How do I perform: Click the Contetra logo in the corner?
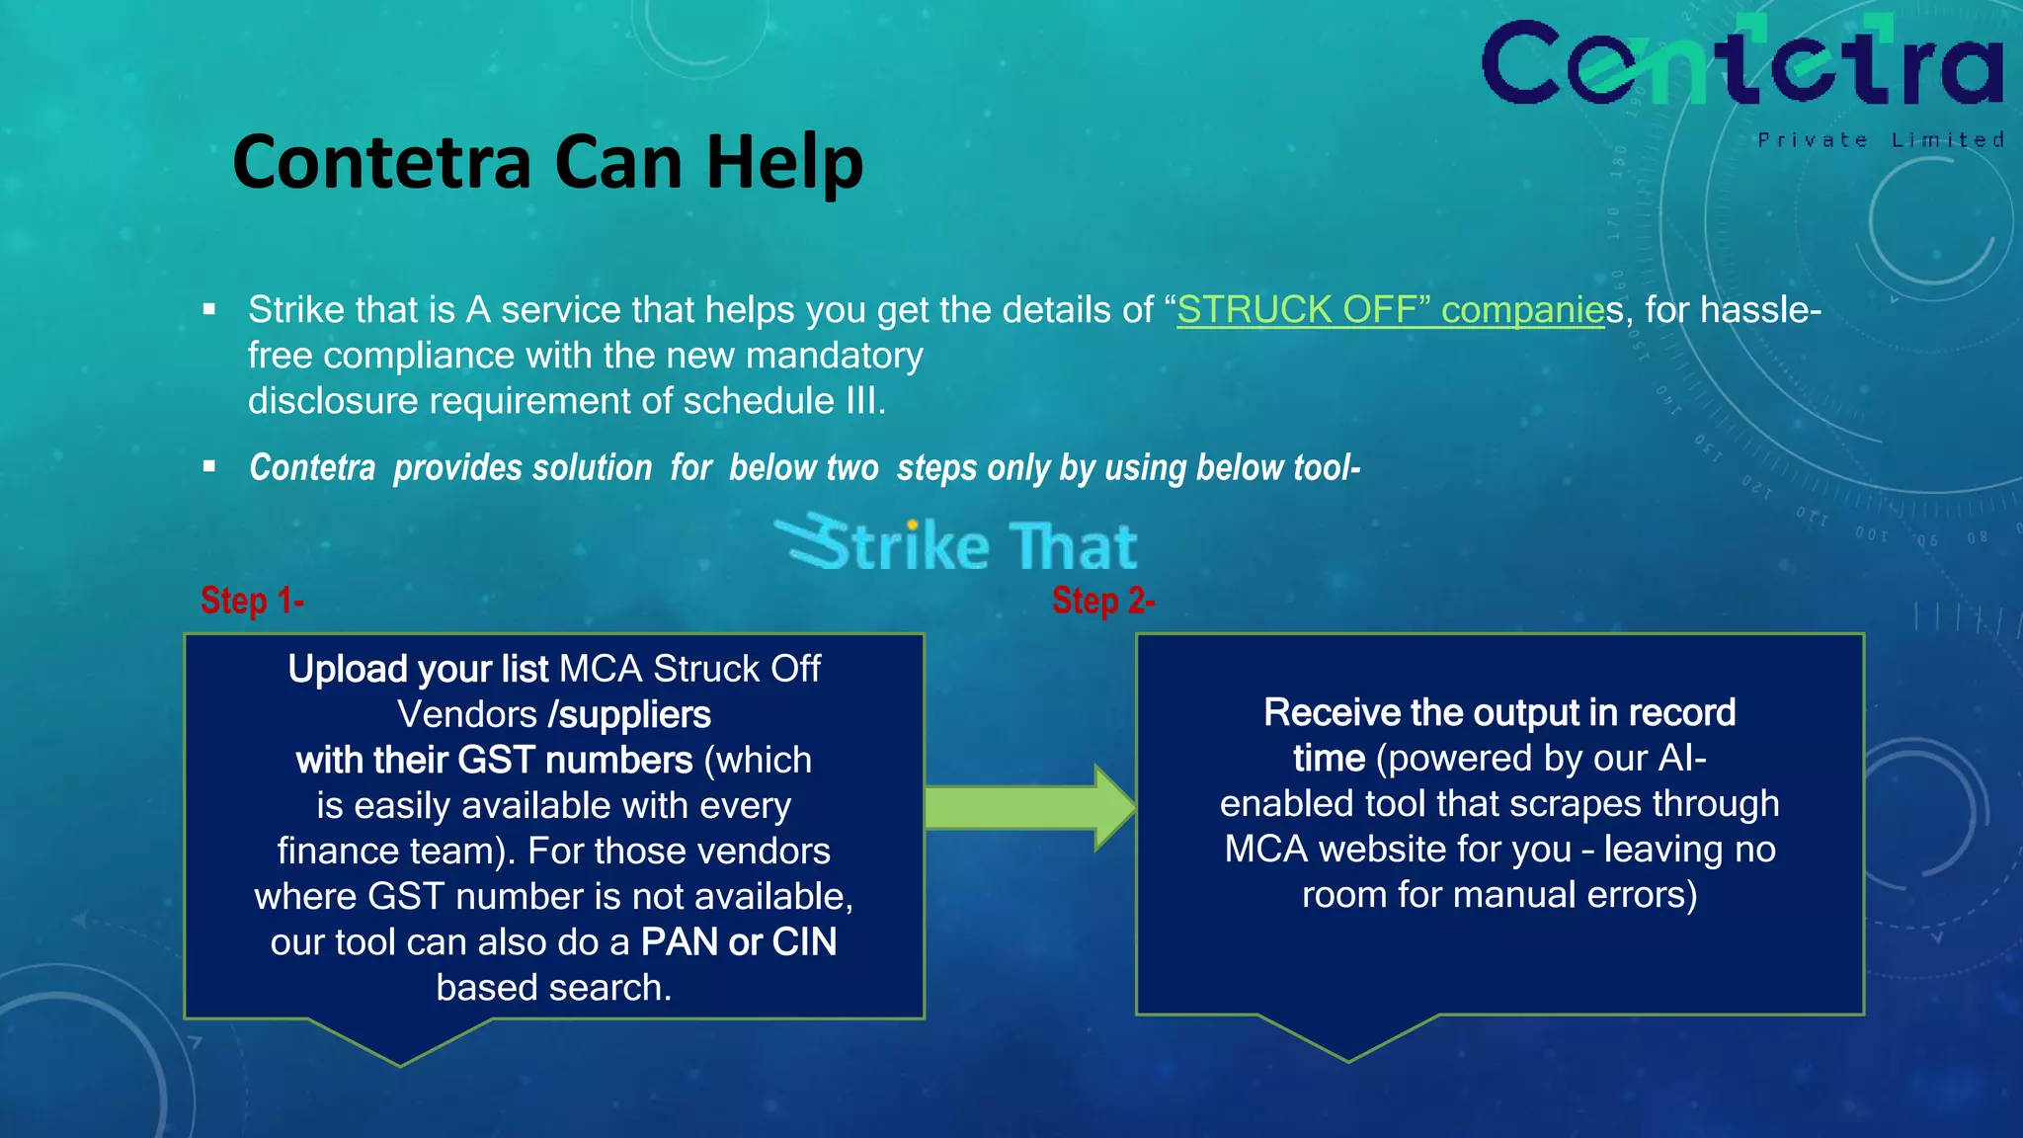click(x=1742, y=63)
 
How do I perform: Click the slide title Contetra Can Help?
click(x=547, y=162)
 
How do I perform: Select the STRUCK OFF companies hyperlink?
click(x=1391, y=310)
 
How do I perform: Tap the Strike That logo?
click(x=956, y=544)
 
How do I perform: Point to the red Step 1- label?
click(x=252, y=601)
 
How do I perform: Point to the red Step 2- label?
click(x=1103, y=601)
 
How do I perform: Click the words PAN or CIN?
click(x=738, y=942)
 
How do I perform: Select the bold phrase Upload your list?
click(x=418, y=670)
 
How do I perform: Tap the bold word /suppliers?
click(x=629, y=715)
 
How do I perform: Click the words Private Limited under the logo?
click(x=1881, y=140)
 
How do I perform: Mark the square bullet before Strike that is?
click(x=209, y=310)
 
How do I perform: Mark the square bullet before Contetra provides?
click(x=209, y=466)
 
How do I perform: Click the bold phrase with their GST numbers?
click(x=494, y=761)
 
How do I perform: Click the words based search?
click(x=553, y=988)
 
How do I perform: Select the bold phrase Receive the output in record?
click(x=1499, y=713)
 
